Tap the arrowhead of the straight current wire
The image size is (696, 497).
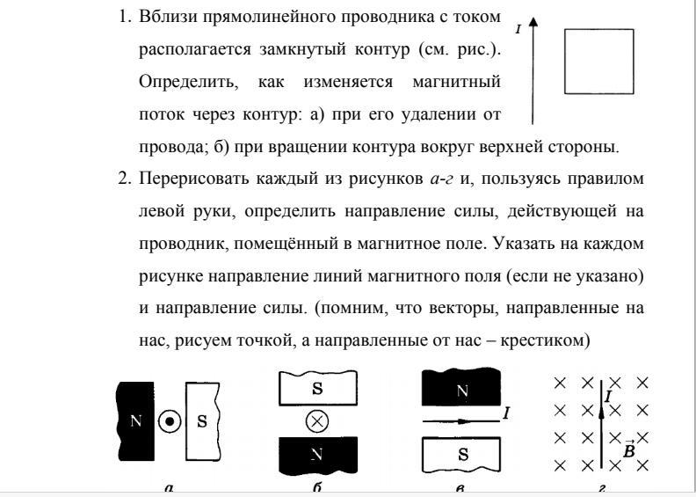tap(533, 26)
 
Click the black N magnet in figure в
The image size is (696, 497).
tap(461, 388)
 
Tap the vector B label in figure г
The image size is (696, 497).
tap(629, 449)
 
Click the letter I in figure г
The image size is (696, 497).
tap(608, 398)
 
